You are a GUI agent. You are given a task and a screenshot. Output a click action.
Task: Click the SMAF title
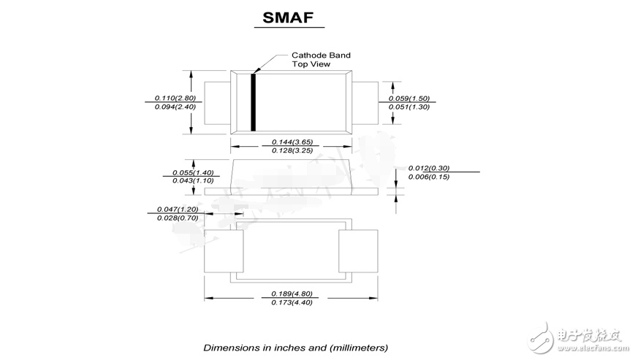click(288, 18)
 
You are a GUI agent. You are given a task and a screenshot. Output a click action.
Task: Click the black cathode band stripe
click(253, 102)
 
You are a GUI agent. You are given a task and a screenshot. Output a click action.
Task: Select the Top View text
click(311, 64)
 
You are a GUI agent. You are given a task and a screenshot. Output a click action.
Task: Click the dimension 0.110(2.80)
click(175, 98)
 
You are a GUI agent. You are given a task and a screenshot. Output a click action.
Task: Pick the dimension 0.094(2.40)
click(175, 107)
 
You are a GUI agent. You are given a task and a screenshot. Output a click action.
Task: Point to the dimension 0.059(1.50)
click(409, 99)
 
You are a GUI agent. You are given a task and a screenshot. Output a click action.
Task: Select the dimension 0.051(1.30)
click(409, 107)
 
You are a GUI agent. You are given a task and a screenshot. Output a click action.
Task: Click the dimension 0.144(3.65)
click(292, 142)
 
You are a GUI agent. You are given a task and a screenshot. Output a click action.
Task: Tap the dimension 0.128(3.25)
click(292, 150)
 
